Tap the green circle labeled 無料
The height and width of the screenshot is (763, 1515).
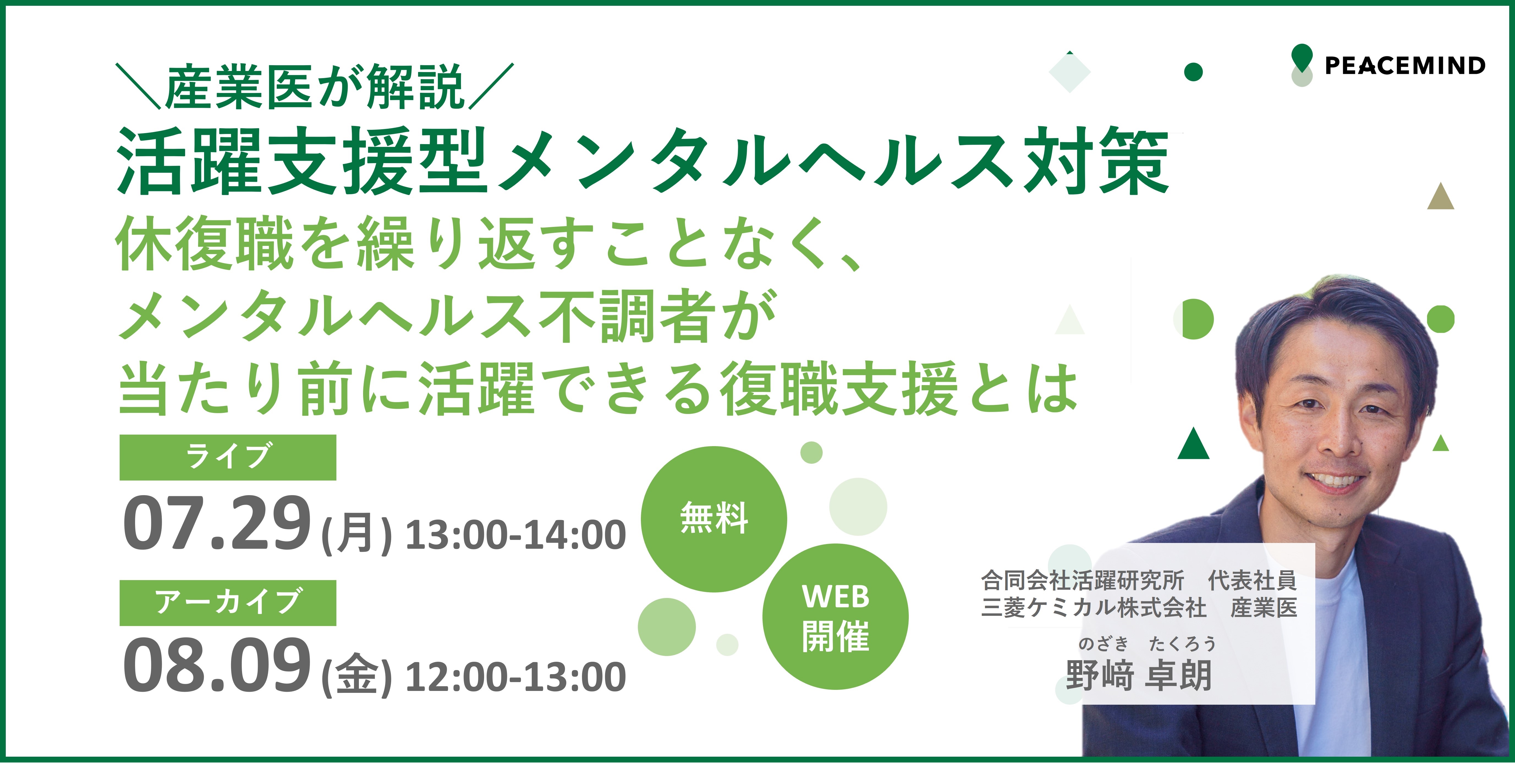(713, 519)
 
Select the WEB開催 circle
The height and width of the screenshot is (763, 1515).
(835, 616)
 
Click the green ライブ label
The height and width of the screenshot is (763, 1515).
(227, 457)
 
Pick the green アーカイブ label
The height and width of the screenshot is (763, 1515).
(227, 602)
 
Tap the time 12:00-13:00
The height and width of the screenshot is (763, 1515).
(516, 677)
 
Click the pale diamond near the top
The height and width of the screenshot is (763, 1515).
(1070, 72)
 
